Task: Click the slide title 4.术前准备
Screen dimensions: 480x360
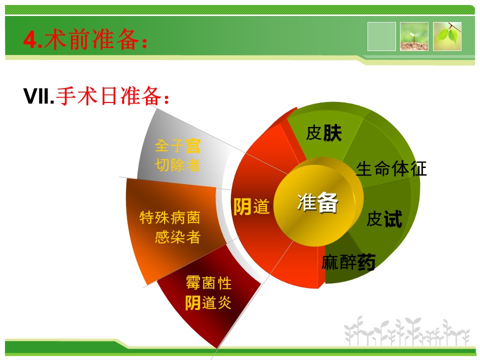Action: [x=85, y=40]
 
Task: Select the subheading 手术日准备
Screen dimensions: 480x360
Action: [x=112, y=96]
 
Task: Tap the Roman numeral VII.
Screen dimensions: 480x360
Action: [x=39, y=96]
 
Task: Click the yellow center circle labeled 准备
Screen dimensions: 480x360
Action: [x=318, y=202]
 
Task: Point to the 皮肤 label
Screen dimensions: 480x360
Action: [x=324, y=133]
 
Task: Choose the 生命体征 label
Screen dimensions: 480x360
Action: [x=391, y=168]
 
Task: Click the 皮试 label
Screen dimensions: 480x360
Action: [x=384, y=219]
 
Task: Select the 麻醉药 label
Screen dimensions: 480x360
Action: [x=348, y=262]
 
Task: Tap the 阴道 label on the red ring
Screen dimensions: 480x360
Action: [x=251, y=206]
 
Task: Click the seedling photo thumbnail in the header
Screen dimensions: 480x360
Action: [x=414, y=36]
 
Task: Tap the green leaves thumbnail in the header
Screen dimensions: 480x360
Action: [x=447, y=36]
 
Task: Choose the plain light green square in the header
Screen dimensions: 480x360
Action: [x=381, y=36]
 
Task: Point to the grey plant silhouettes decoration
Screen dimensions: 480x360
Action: [x=407, y=332]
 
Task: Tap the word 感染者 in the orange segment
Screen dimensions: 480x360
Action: [x=177, y=237]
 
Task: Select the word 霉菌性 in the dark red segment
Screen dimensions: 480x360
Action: [x=208, y=283]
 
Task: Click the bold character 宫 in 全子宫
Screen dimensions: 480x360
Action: [x=193, y=146]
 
